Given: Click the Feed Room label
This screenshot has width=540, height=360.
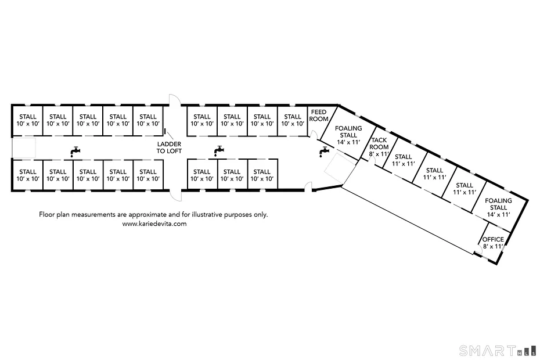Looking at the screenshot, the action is point(319,116).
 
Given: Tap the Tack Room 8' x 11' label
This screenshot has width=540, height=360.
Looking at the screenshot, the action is point(379,147).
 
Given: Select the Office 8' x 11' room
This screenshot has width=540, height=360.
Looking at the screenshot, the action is point(493,243).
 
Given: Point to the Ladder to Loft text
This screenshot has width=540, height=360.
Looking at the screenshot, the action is point(169,147).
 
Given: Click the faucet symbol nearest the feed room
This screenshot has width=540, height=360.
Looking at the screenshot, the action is point(324,152).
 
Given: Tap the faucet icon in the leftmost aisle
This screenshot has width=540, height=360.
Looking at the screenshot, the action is point(75,152).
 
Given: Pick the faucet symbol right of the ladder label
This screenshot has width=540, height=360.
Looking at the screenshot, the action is point(219,151).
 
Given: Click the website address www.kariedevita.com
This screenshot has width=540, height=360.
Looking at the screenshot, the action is point(154,224).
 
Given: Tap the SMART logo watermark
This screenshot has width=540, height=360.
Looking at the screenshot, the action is point(498,351).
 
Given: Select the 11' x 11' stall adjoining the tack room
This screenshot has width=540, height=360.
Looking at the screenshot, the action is point(404,160).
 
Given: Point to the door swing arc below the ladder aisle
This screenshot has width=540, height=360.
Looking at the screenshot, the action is point(175,195).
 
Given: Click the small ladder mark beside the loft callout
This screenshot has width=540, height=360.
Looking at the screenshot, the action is point(165,131).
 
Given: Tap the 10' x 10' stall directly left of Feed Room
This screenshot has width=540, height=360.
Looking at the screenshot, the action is point(293,120).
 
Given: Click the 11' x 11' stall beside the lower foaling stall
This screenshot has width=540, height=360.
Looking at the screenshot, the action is point(465,189).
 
